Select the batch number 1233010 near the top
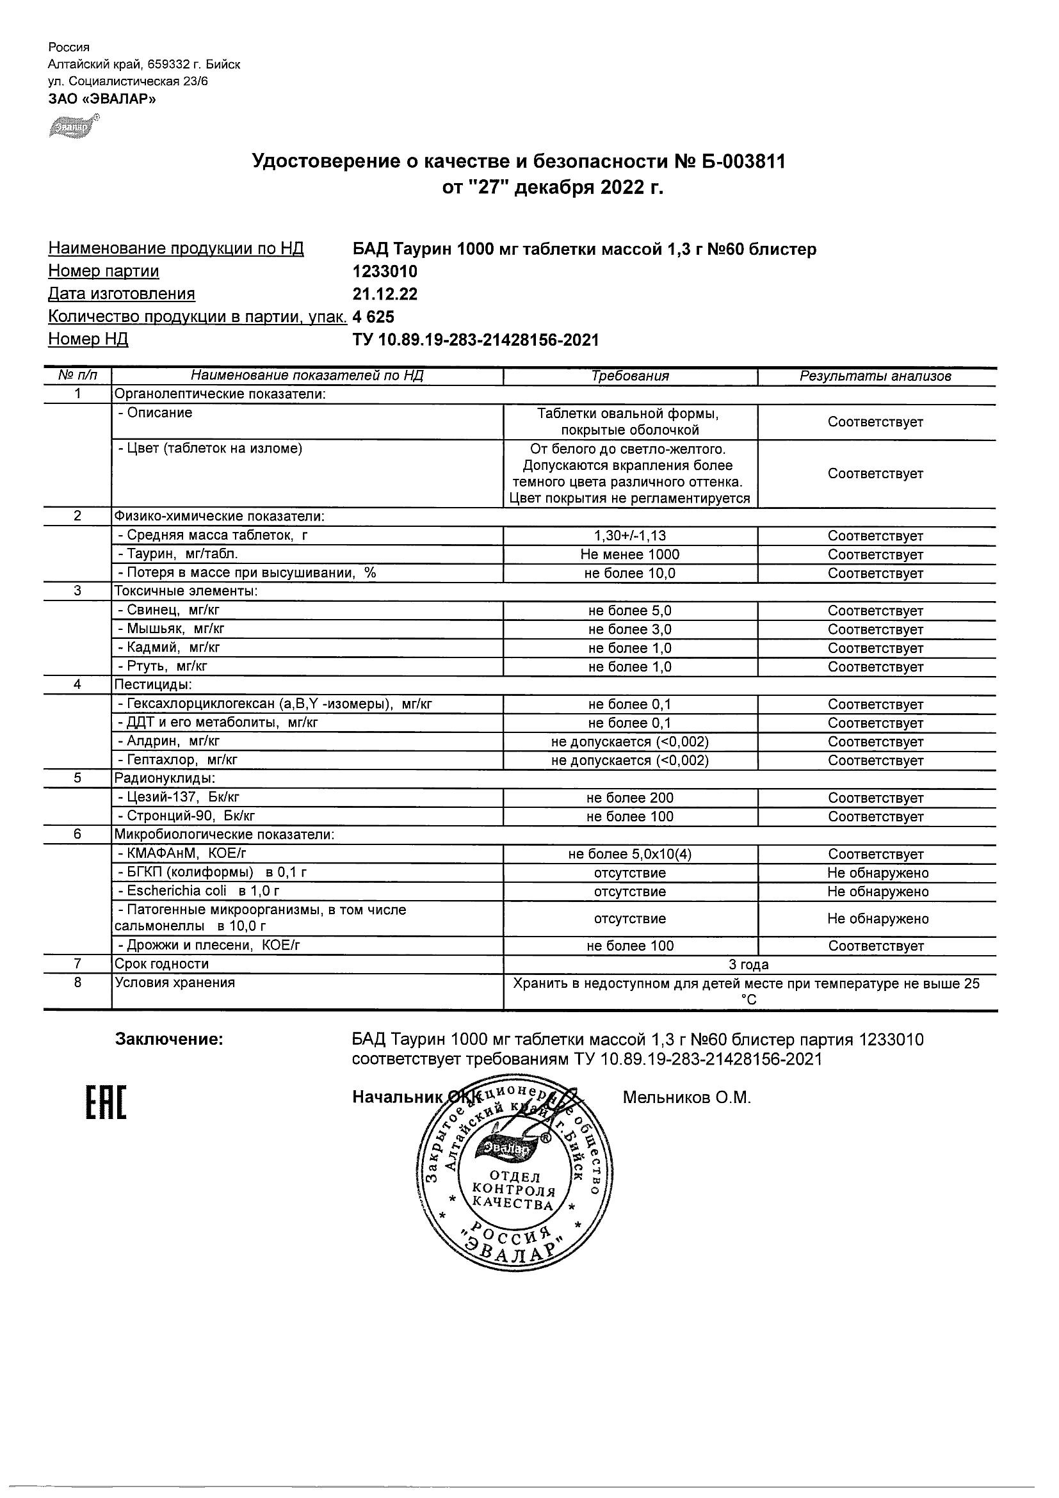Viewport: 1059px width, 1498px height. [x=384, y=271]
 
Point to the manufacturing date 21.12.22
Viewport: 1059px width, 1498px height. [x=384, y=294]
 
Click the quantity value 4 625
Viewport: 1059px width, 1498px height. [x=373, y=317]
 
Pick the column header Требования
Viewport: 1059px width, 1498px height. [x=629, y=376]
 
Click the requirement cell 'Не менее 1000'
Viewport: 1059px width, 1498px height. [x=629, y=554]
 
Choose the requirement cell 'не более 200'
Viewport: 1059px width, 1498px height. [x=629, y=798]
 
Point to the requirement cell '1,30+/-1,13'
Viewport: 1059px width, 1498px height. [x=629, y=536]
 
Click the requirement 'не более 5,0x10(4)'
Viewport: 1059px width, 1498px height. [x=629, y=854]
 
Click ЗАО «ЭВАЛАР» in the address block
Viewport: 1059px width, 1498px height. [x=102, y=99]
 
